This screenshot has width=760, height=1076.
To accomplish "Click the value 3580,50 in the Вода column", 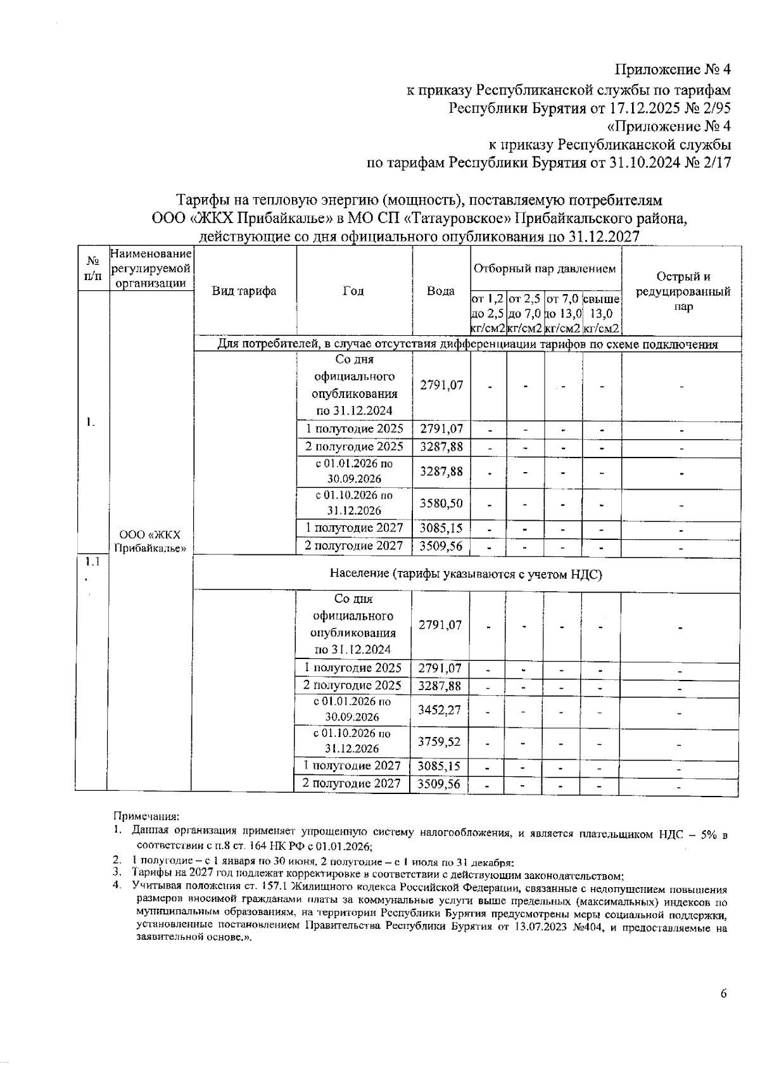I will coord(441,503).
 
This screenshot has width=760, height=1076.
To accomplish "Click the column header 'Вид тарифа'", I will coord(244,291).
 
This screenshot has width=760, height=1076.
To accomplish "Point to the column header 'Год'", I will coord(353,291).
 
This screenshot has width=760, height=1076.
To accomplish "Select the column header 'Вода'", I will coord(441,291).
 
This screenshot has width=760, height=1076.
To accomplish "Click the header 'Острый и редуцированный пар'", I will coord(683,291).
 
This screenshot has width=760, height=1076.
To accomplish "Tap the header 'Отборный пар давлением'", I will coord(545,269).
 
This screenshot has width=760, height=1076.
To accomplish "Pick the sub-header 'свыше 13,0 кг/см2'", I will coord(601,314).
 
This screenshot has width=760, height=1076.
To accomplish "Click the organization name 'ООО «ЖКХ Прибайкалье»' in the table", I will coord(150,540).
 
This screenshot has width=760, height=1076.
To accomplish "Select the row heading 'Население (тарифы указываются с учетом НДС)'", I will coord(465,574).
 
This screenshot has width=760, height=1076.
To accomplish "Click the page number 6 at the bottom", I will coord(723,993).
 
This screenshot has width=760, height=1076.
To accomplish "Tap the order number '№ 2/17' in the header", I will coord(707,163).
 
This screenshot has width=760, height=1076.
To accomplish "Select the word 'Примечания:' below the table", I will coord(146,816).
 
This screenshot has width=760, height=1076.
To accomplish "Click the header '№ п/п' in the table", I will coord(92,269).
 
